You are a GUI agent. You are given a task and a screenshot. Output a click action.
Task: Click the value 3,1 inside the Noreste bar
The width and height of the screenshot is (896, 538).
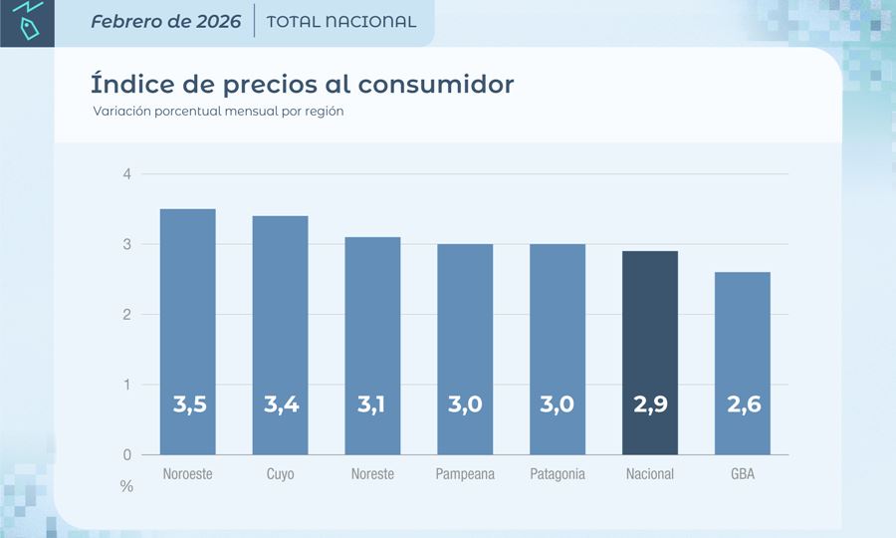372,405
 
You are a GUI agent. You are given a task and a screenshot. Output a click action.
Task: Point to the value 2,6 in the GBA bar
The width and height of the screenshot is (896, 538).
743,405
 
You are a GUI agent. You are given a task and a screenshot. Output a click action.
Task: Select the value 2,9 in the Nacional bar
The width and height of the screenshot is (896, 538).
650,405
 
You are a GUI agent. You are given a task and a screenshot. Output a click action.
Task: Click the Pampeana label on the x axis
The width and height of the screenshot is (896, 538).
465,474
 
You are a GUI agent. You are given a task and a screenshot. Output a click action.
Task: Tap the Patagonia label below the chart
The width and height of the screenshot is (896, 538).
558,474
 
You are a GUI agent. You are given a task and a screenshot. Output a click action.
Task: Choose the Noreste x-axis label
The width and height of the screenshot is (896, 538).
372,474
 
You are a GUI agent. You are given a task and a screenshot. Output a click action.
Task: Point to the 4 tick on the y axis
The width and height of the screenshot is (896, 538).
126,175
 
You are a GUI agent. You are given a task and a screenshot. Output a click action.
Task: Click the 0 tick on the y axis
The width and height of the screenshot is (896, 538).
126,455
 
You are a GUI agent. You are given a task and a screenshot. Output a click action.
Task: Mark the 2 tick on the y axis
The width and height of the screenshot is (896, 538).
126,315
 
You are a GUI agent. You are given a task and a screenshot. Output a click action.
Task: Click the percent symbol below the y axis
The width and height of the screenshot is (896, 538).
126,487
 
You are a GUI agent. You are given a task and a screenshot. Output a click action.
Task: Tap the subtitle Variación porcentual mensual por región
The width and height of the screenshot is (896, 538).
218,112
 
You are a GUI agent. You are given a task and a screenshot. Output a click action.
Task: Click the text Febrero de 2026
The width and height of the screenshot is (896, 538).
165,21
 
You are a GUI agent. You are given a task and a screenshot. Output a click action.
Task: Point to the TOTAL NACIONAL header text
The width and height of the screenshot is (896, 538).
341,21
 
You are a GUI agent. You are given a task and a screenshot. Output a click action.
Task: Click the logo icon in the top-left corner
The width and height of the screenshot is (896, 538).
27,23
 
